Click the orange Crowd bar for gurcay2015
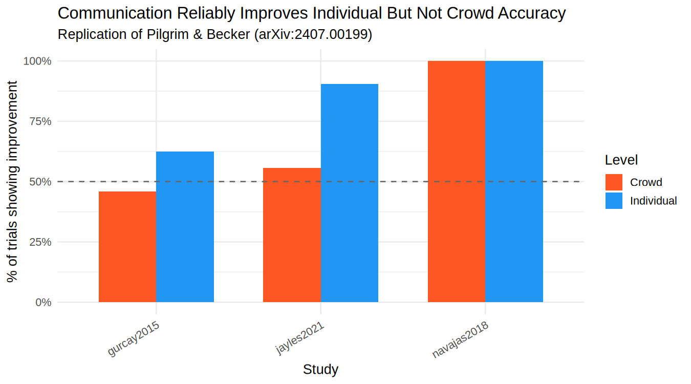(x=127, y=247)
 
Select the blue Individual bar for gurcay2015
(x=185, y=227)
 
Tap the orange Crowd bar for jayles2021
(x=292, y=235)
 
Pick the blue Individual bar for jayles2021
(x=350, y=193)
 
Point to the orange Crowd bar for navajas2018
(x=457, y=181)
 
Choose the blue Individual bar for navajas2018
(x=514, y=181)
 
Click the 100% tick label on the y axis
(x=38, y=61)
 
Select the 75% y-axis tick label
(x=40, y=121)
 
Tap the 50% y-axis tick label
(x=40, y=182)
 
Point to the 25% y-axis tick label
(x=40, y=242)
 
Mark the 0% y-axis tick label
(x=42, y=302)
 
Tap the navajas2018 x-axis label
(x=461, y=339)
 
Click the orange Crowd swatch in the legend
(x=614, y=182)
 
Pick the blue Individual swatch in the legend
(x=614, y=200)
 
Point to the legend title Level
(x=621, y=160)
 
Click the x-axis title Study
(x=320, y=369)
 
